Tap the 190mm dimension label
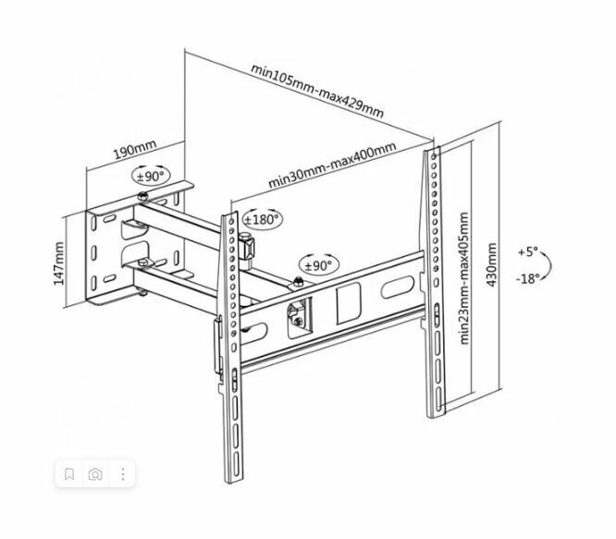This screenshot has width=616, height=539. point(133,148)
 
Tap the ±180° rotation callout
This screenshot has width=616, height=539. point(263,220)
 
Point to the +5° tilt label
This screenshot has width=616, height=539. point(526,251)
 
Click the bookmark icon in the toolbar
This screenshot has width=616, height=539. point(69,474)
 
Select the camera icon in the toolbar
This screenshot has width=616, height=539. point(95,474)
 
